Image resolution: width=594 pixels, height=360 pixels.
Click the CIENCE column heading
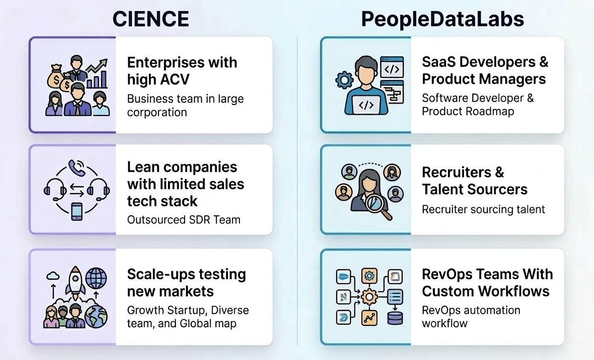(x=150, y=19)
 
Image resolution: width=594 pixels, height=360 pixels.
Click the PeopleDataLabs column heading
(x=443, y=19)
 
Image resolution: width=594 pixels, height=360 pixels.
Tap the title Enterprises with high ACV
(x=182, y=70)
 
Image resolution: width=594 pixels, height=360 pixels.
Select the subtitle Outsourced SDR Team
(x=184, y=220)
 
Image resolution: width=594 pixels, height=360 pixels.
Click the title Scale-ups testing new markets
(x=186, y=282)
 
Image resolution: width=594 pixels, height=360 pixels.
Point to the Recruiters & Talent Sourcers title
(x=475, y=181)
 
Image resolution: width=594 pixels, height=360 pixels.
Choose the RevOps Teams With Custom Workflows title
(x=487, y=282)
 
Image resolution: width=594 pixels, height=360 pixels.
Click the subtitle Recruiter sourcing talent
(x=483, y=209)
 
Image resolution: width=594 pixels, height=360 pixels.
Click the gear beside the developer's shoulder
(x=344, y=80)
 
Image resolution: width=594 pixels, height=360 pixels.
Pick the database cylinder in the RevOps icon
(x=395, y=318)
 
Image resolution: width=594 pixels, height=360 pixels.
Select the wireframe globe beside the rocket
(x=96, y=279)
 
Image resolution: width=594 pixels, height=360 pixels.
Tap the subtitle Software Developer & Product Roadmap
(x=477, y=105)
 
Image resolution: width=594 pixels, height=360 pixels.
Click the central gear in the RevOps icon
(x=369, y=296)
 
